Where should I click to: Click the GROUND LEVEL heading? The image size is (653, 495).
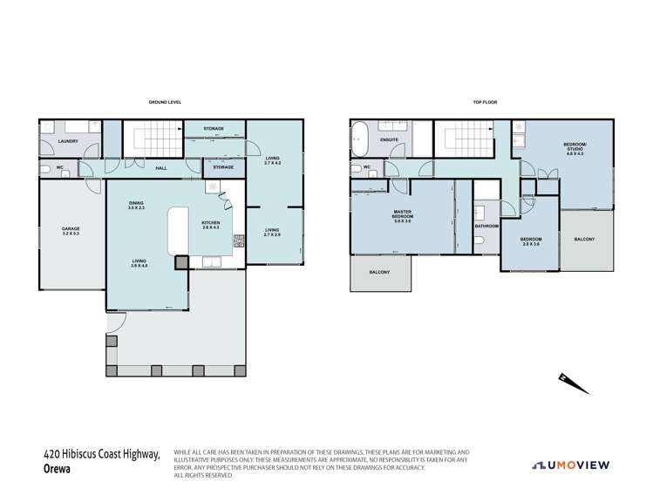pos(164,103)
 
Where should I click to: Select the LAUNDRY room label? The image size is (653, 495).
pos(68,141)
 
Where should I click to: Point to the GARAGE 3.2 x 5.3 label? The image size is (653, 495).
pos(71,232)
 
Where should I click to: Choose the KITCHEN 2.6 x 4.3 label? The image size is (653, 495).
pos(211,225)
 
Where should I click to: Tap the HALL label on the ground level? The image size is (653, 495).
pos(161,168)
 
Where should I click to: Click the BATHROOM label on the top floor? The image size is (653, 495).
pos(486,226)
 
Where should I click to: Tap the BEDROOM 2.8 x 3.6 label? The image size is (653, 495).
pos(531,241)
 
